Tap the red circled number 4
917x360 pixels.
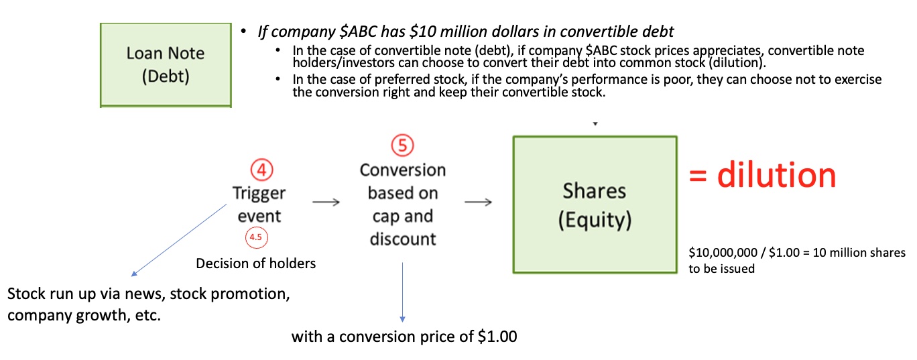point(261,170)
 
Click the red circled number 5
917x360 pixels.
point(402,145)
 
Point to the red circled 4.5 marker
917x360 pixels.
point(256,237)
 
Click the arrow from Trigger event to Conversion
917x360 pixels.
point(326,202)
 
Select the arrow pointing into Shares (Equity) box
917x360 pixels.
point(478,202)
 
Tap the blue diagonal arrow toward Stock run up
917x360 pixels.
point(179,241)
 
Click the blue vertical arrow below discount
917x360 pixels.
point(402,292)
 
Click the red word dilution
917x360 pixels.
point(776,175)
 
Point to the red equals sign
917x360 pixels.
point(698,176)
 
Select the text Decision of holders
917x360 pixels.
point(256,263)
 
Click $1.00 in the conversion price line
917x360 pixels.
point(497,337)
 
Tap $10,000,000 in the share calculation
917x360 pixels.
point(723,253)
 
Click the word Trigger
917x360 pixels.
point(259,194)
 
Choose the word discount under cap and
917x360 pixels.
point(403,239)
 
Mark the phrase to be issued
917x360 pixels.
point(721,269)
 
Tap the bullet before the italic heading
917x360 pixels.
point(243,31)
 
